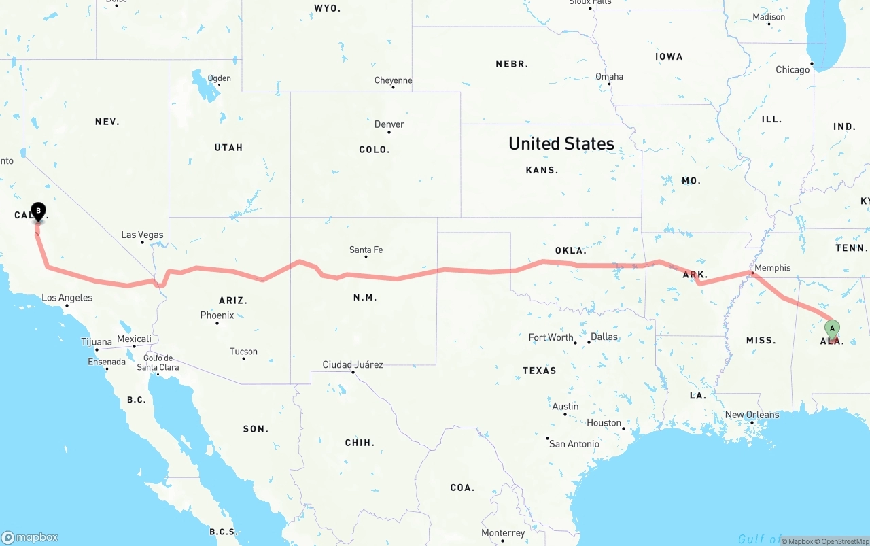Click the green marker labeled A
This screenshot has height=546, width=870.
click(832, 329)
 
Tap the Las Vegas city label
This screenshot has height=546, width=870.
click(142, 235)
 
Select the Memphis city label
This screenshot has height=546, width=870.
click(773, 268)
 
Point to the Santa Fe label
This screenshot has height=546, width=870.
click(366, 250)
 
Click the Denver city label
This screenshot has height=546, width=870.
click(389, 124)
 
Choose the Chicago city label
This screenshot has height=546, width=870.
click(793, 69)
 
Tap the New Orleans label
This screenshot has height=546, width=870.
click(752, 415)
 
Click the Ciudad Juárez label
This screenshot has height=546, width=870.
click(352, 364)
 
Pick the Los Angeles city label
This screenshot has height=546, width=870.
click(67, 298)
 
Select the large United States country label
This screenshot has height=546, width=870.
click(561, 143)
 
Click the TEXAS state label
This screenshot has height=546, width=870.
click(539, 371)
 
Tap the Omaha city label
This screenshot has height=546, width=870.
click(609, 76)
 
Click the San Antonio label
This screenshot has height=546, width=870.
click(574, 444)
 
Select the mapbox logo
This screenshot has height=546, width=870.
click(30, 537)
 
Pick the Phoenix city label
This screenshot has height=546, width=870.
click(217, 315)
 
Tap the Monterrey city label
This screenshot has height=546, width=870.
click(503, 533)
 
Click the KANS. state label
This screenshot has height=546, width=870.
click(542, 170)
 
